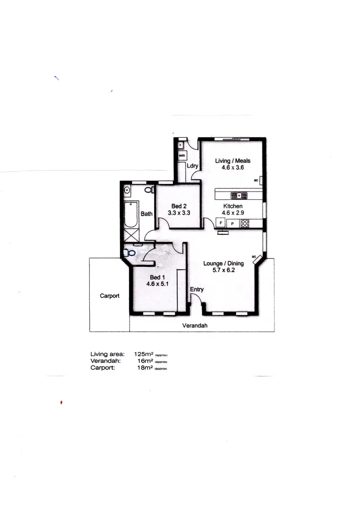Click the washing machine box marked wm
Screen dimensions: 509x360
click(182, 156)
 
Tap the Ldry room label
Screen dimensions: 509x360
click(193, 166)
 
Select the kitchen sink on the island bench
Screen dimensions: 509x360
click(238, 195)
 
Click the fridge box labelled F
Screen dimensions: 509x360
click(221, 223)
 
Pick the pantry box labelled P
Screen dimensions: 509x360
click(233, 223)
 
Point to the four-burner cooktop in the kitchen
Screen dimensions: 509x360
click(245, 223)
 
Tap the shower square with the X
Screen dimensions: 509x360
click(131, 235)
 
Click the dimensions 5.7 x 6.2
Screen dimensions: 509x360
click(223, 270)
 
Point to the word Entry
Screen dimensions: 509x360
click(197, 289)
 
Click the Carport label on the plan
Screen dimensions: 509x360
click(109, 296)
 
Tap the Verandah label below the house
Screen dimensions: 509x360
click(194, 325)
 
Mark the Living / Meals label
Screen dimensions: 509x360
click(232, 160)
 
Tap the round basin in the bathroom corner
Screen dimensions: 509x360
click(127, 190)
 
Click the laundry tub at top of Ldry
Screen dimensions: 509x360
click(181, 144)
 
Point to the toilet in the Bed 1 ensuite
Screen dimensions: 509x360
click(130, 251)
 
